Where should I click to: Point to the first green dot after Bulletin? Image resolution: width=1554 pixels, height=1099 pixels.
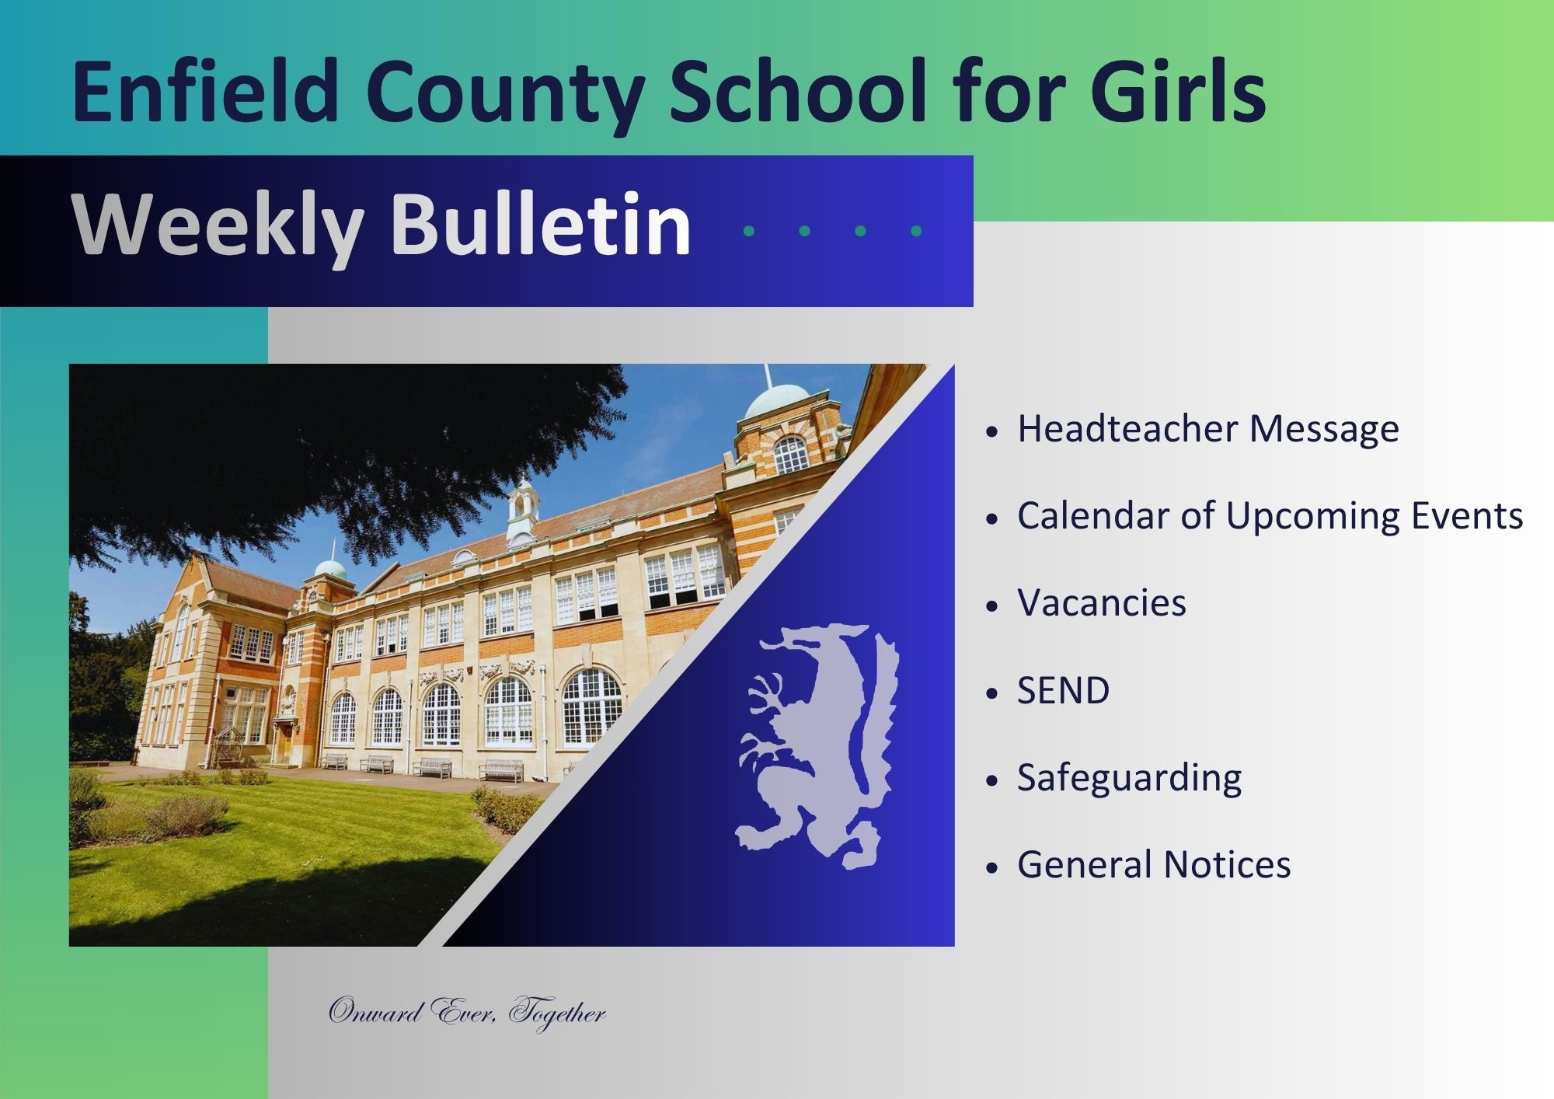749,231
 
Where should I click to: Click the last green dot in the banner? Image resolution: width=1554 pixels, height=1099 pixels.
916,231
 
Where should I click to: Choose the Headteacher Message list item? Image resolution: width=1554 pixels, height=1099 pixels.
1207,428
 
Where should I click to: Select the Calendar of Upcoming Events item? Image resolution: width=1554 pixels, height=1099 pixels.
1270,515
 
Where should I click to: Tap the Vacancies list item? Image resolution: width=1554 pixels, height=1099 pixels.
1101,603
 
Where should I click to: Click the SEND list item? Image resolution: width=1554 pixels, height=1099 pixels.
1063,690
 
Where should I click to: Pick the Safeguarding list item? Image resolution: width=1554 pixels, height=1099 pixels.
1129,777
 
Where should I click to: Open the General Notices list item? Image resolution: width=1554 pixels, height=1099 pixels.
1154,864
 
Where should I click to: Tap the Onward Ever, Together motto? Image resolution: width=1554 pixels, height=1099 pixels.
466,1012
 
